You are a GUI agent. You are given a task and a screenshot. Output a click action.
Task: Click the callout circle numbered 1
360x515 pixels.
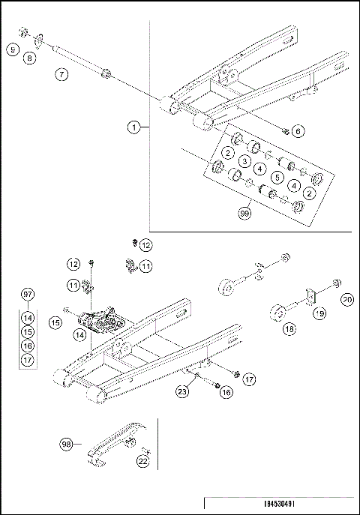[x=133, y=127]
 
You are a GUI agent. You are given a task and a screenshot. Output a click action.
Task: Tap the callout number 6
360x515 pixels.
[x=298, y=131]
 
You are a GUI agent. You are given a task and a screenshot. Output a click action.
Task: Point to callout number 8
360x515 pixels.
[x=30, y=56]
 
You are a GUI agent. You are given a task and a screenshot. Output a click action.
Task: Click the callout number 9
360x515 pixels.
[x=13, y=49]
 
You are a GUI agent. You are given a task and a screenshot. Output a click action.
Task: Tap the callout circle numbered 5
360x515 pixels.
[x=277, y=177]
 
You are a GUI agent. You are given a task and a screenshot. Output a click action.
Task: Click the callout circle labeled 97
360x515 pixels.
[x=28, y=293]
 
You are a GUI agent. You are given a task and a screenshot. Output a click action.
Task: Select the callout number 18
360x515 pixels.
[x=289, y=328]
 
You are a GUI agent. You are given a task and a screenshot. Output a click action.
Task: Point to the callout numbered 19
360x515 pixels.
[x=319, y=315]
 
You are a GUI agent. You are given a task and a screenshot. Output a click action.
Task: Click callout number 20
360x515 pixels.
[x=347, y=299]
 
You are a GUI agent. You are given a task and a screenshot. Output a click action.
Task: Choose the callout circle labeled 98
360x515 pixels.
[x=67, y=444]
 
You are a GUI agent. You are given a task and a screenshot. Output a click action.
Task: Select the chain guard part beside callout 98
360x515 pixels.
[x=112, y=449]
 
